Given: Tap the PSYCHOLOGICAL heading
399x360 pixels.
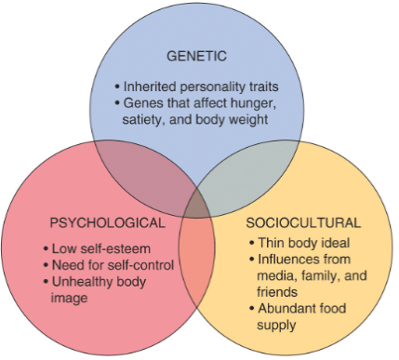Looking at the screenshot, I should (x=109, y=223).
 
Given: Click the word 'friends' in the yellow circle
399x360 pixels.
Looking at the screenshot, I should (x=275, y=290).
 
